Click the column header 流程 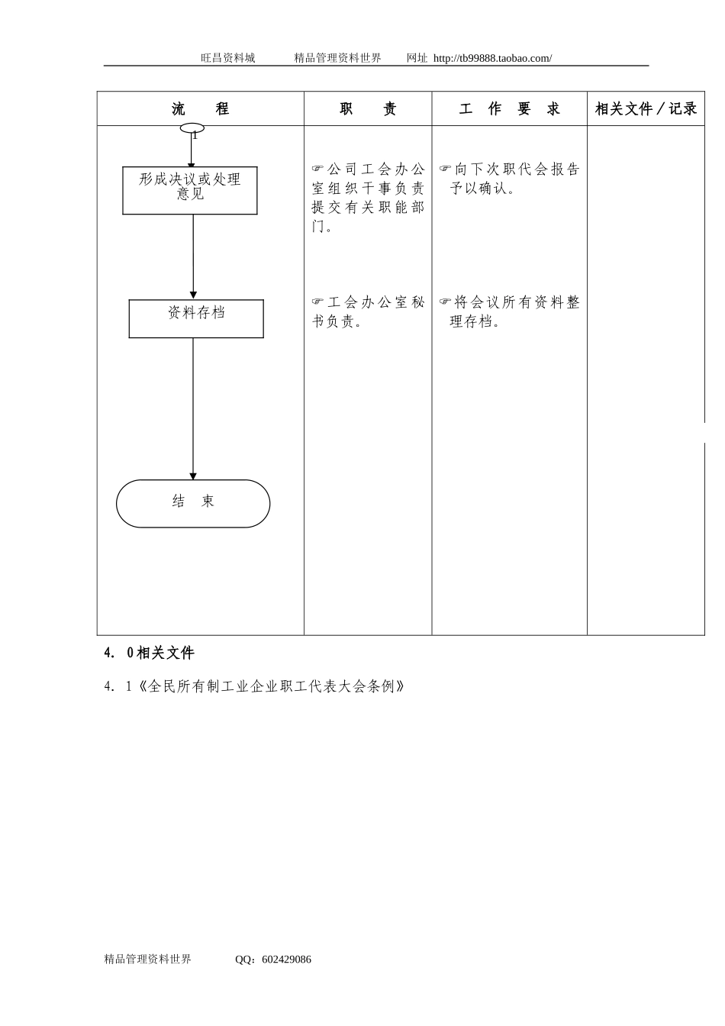[200, 109]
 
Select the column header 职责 [368, 109]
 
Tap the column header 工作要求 [509, 109]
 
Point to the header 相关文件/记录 [646, 109]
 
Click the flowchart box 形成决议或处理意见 [190, 190]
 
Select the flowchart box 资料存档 [196, 318]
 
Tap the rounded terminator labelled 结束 [193, 503]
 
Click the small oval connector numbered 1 [192, 128]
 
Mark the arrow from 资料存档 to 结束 [193, 408]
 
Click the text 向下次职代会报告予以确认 [510, 179]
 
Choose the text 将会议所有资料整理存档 [510, 311]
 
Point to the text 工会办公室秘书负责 [368, 311]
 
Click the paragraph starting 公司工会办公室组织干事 [368, 198]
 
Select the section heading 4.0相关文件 [150, 653]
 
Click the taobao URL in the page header [492, 58]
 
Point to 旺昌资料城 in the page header [227, 58]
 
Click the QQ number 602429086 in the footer [286, 960]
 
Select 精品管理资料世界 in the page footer [147, 960]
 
